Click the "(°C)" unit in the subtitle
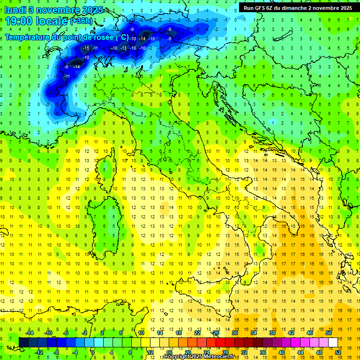(x=121, y=37)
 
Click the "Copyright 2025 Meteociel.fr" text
(x=199, y=357)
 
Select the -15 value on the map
(x=85, y=48)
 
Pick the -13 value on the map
(x=124, y=48)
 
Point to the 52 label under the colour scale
(x=337, y=352)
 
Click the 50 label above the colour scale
(x=328, y=333)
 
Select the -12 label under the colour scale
(x=39, y=352)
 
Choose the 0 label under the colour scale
(x=93, y=352)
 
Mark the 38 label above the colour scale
(x=272, y=333)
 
